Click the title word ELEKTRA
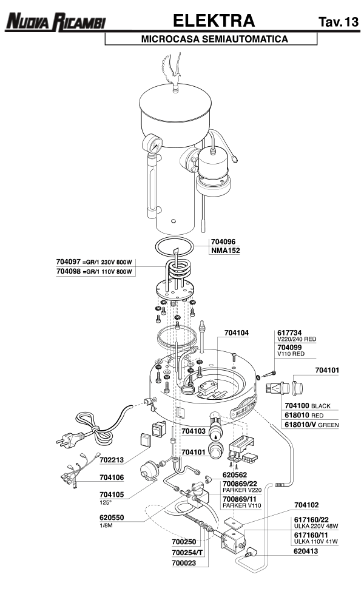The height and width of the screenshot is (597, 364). click(214, 21)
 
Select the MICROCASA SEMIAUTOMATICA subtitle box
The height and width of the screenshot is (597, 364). click(211, 39)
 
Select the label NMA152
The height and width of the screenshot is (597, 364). click(226, 250)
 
